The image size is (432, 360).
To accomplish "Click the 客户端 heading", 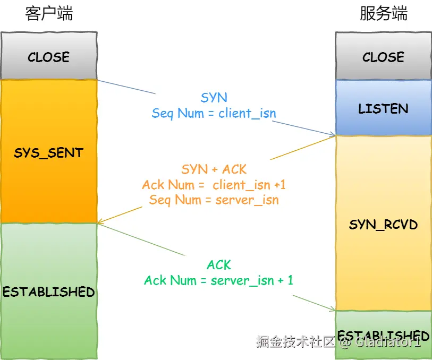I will [48, 14].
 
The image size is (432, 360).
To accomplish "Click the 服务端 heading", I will [383, 14].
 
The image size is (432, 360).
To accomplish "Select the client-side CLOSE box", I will [48, 57].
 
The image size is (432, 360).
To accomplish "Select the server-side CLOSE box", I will [383, 57].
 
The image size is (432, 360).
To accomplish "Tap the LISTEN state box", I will [383, 109].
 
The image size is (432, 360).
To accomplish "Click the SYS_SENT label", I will [48, 153].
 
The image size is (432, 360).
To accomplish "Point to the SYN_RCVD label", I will [383, 225].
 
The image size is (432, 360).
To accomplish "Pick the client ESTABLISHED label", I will [48, 292].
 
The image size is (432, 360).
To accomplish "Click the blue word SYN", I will [214, 98].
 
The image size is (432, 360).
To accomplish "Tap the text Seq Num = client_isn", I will [214, 113].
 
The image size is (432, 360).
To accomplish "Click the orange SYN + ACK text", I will [214, 169].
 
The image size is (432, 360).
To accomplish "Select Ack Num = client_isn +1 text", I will [214, 185].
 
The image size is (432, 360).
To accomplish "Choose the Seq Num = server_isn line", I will [214, 200].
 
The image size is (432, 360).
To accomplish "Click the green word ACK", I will [218, 264].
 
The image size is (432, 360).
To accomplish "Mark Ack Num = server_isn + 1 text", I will [218, 280].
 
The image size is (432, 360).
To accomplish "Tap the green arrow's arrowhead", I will [333, 310].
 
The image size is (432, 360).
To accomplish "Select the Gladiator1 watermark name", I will [388, 341].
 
